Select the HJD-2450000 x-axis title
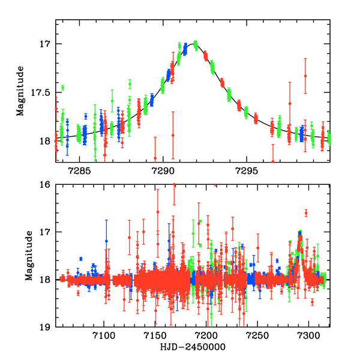[193, 347]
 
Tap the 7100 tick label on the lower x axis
[104, 337]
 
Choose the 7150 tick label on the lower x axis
[155, 337]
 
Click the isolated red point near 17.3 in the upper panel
[305, 76]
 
